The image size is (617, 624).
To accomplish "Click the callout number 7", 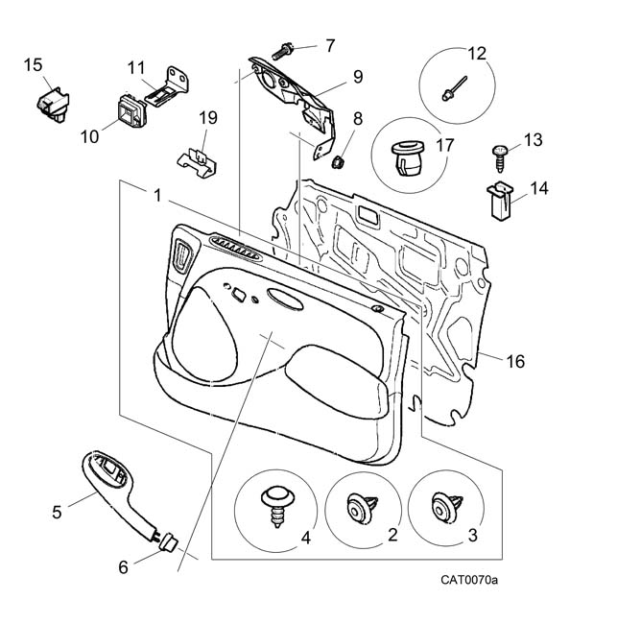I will (329, 45).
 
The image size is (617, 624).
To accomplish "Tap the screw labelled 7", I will (289, 48).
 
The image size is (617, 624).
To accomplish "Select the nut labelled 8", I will (337, 160).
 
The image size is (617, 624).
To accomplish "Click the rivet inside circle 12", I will (455, 88).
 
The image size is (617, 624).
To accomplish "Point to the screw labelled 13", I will (500, 151).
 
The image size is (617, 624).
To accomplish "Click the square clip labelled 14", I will (499, 199).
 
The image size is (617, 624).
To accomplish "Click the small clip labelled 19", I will (200, 159).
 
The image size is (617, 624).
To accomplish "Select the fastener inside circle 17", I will (408, 159).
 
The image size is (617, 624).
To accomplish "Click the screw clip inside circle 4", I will (276, 504).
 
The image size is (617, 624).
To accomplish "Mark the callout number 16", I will (515, 362).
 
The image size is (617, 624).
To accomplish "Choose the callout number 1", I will (156, 195).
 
